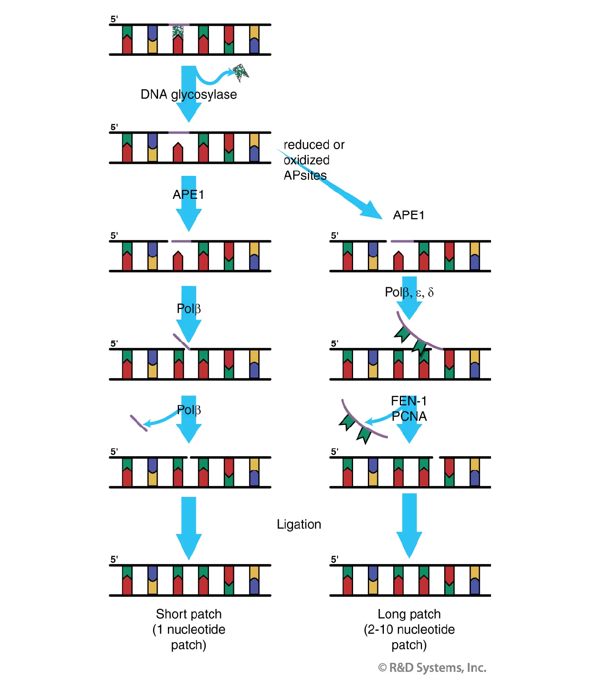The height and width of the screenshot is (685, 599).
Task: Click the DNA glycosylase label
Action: point(188,95)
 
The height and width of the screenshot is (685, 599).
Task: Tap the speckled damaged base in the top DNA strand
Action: point(178,32)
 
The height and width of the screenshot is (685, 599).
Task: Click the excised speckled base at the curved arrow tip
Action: point(241,71)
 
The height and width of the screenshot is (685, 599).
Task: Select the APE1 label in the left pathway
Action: point(188,194)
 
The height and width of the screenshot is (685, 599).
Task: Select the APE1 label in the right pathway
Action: point(409,215)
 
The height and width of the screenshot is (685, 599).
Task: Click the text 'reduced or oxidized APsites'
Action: point(314,160)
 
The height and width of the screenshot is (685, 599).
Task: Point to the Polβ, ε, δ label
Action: point(409,292)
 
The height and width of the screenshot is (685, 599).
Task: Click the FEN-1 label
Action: point(409,401)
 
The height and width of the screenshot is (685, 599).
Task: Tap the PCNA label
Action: point(409,416)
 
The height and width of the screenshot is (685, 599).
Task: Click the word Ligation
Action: point(299,524)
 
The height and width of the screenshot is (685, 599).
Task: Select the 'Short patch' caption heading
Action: point(188,614)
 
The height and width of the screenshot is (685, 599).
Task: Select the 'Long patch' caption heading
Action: point(409,614)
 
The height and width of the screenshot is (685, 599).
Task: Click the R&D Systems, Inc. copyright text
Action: point(432,668)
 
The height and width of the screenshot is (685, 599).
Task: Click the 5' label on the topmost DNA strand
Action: point(114,19)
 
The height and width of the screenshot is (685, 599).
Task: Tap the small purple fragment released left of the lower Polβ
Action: point(138,423)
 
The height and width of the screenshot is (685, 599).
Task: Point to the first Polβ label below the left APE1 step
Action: point(188,309)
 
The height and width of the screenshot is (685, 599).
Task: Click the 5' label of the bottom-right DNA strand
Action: point(335,559)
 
